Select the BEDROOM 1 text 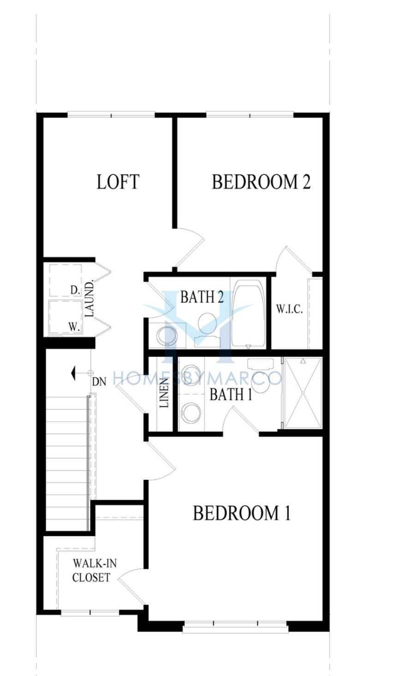(x=241, y=513)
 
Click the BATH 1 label (x=231, y=394)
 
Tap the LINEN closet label (x=164, y=392)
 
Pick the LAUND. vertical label (x=90, y=299)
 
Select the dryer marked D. (x=65, y=280)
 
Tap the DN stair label (x=99, y=382)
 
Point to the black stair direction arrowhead (x=72, y=373)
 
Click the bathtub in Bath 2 (x=248, y=314)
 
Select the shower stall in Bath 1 (x=303, y=393)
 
